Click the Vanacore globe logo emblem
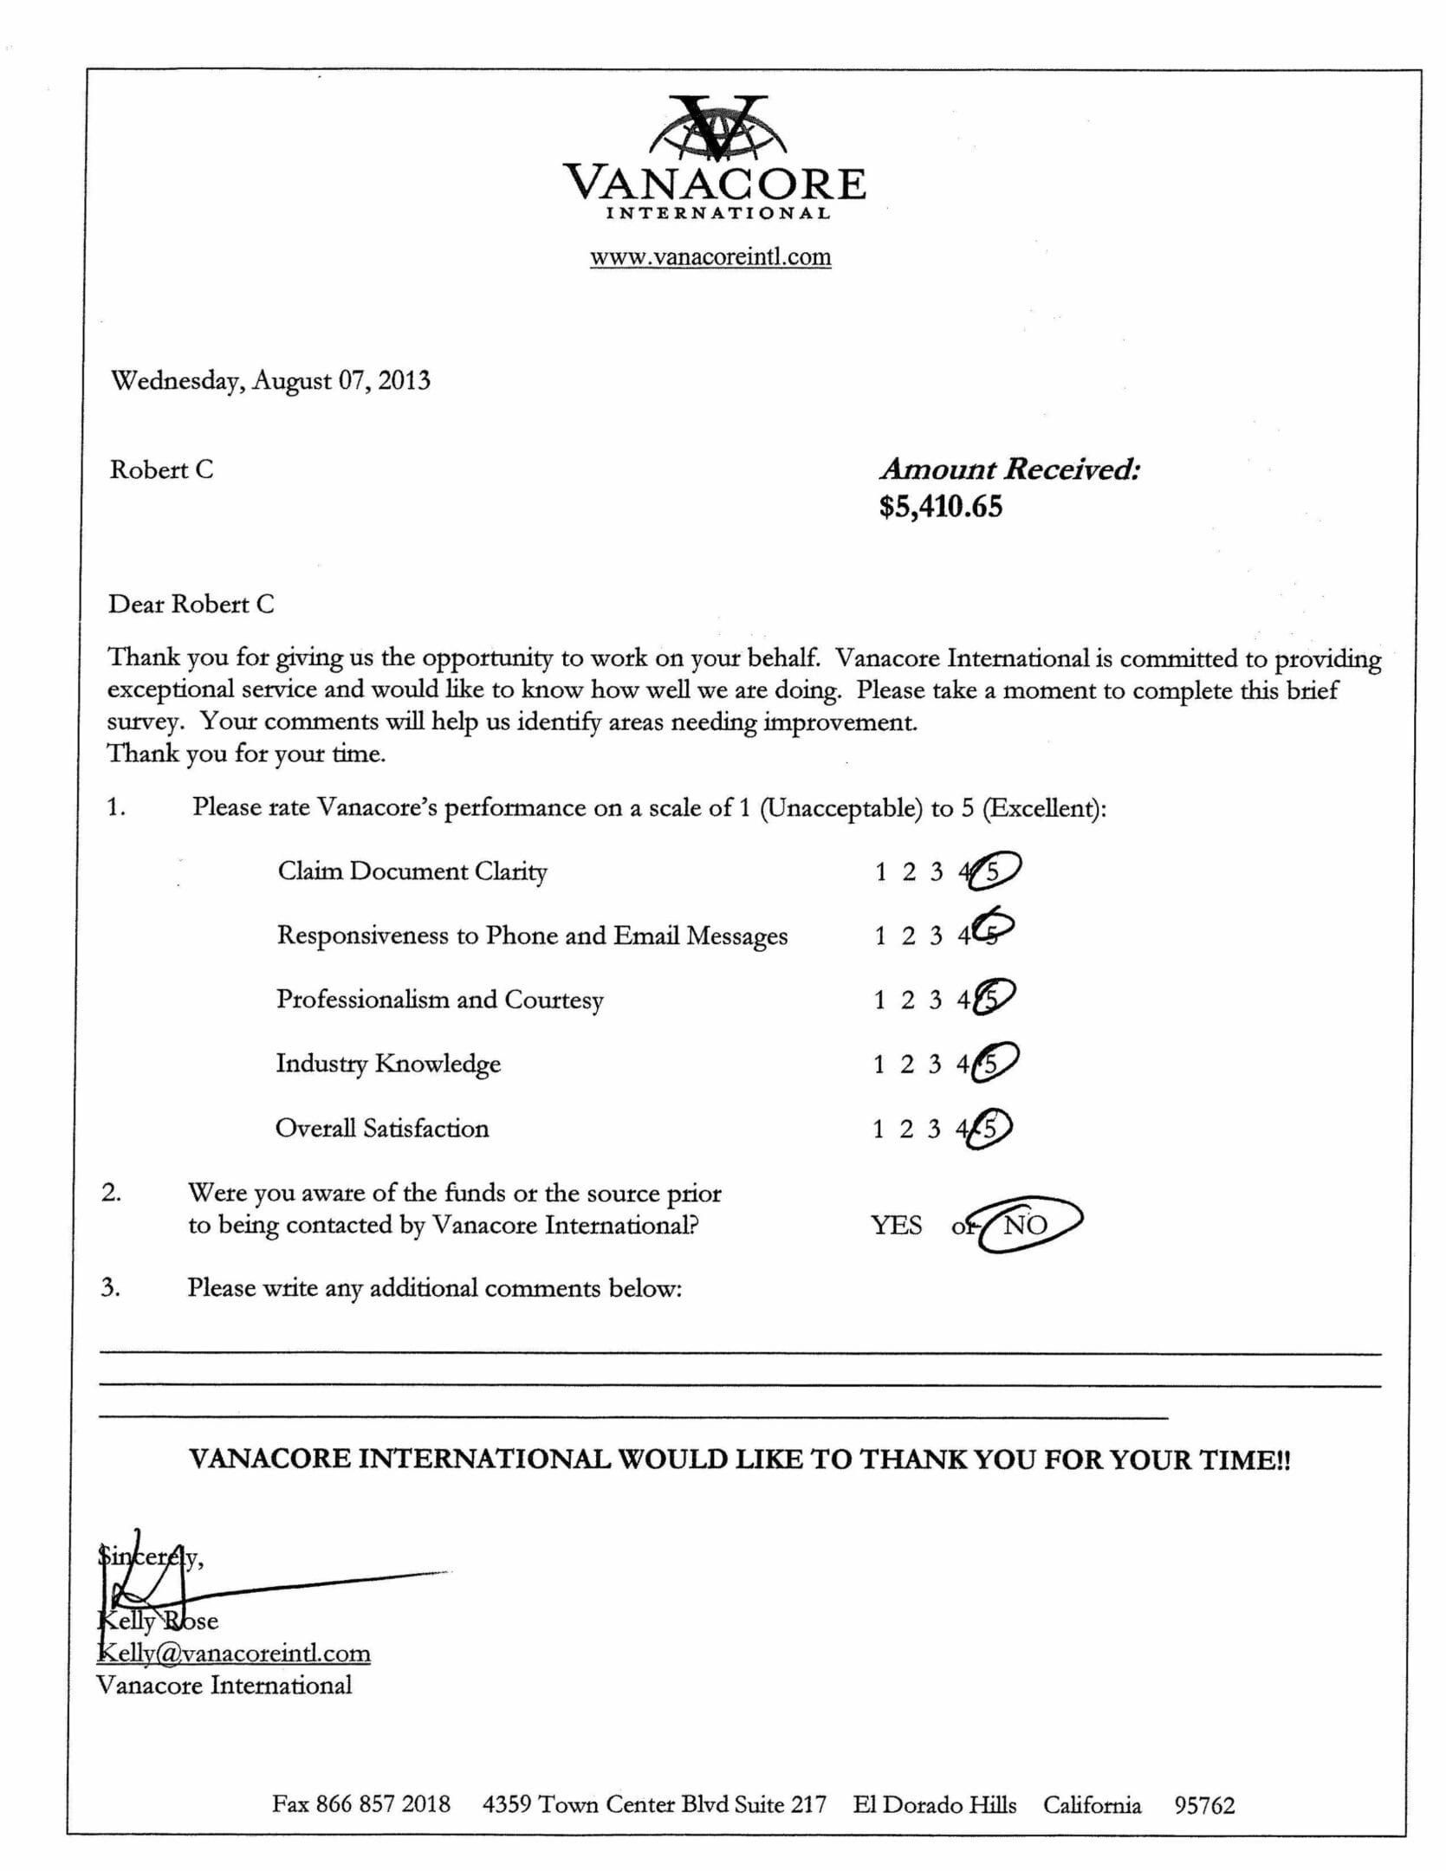click(x=717, y=128)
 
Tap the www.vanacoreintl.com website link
click(x=710, y=256)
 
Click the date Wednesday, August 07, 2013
click(x=270, y=381)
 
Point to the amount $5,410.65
click(x=940, y=507)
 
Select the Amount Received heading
click(x=1009, y=469)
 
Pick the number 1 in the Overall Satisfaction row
click(x=878, y=1129)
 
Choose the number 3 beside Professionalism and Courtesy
click(x=935, y=1000)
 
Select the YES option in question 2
click(x=896, y=1226)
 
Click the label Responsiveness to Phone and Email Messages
click(x=532, y=935)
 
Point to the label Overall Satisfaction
click(x=382, y=1129)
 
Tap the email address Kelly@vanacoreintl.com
click(x=234, y=1653)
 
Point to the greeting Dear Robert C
click(x=191, y=604)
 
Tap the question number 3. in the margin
click(x=110, y=1287)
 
